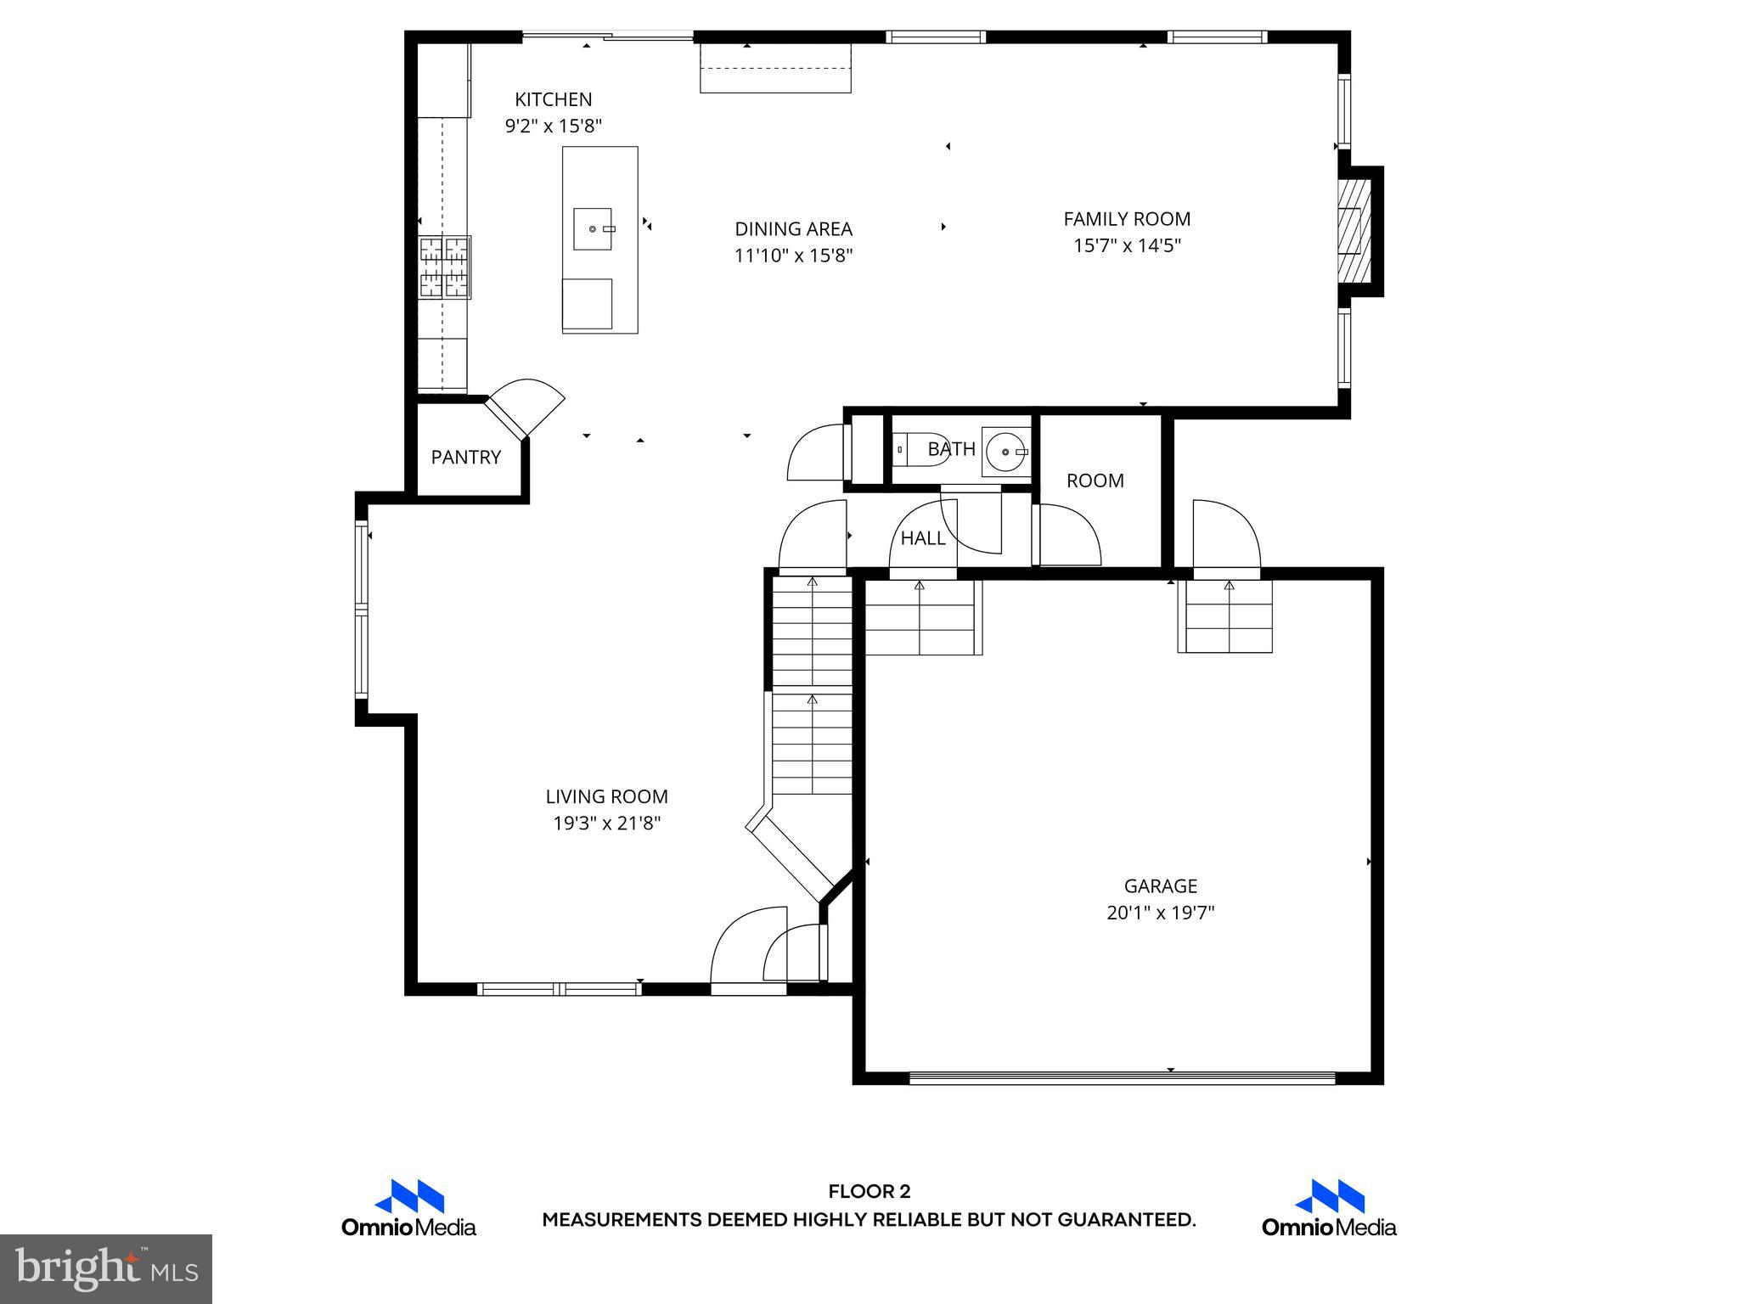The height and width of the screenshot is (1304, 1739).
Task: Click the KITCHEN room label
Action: pyautogui.click(x=553, y=99)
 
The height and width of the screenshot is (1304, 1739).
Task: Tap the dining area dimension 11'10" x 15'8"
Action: pyautogui.click(x=793, y=256)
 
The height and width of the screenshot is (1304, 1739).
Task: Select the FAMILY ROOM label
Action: pyautogui.click(x=1127, y=219)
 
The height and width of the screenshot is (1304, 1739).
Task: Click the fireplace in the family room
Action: pyautogui.click(x=1353, y=231)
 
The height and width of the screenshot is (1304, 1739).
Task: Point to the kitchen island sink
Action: pyautogui.click(x=593, y=229)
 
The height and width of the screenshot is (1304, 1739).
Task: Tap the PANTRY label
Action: pyautogui.click(x=465, y=458)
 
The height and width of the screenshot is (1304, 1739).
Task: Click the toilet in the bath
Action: pyautogui.click(x=905, y=448)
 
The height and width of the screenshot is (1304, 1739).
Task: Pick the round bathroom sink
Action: pyautogui.click(x=1005, y=452)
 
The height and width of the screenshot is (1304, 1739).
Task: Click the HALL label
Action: pyautogui.click(x=922, y=538)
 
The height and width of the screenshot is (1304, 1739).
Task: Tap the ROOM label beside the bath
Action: pyautogui.click(x=1095, y=481)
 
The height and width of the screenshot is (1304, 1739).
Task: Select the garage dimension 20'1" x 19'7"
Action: pyautogui.click(x=1160, y=913)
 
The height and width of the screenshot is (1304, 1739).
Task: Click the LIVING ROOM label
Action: pyautogui.click(x=606, y=796)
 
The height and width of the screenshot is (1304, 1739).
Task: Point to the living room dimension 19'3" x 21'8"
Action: pyautogui.click(x=606, y=823)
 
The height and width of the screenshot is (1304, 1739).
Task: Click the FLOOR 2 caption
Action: pyautogui.click(x=869, y=1192)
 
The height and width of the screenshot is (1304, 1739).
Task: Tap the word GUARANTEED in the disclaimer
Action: pyautogui.click(x=1129, y=1220)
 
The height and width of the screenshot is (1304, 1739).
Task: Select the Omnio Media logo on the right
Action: pyautogui.click(x=1328, y=1208)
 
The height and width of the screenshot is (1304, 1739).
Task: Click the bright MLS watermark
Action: pyautogui.click(x=106, y=1268)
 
